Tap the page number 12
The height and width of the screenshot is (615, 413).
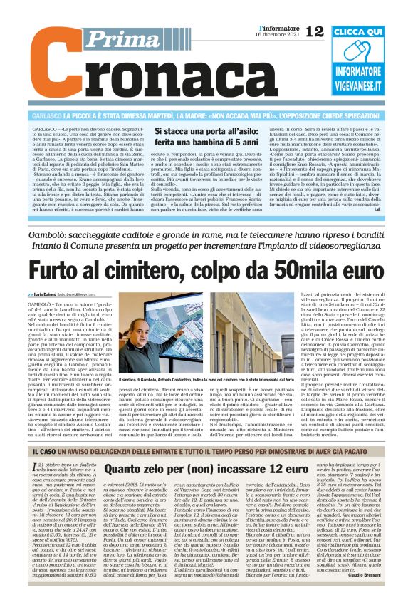pos(314,31)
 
